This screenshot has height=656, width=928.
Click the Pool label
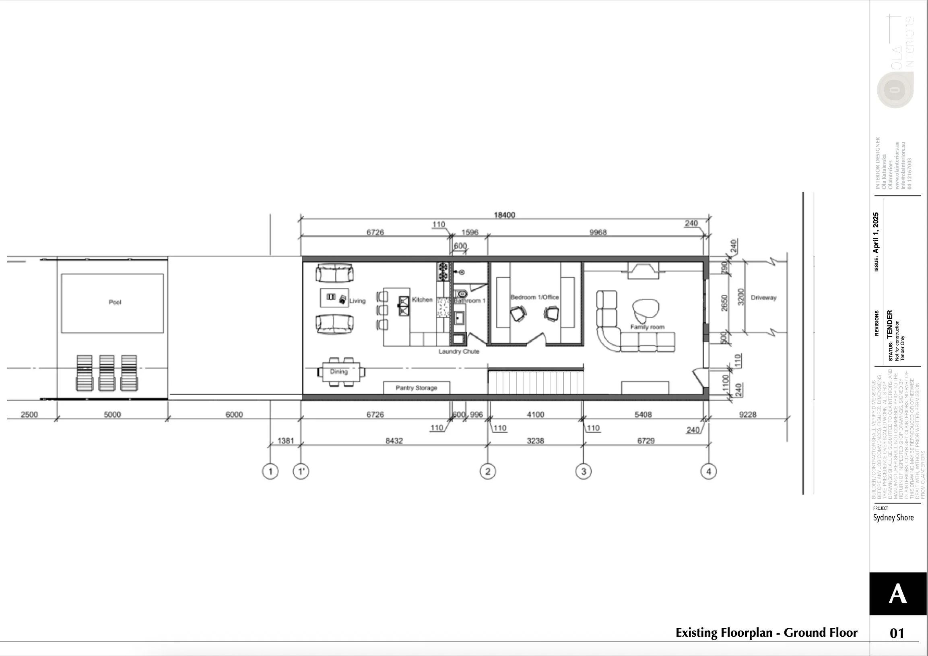(115, 302)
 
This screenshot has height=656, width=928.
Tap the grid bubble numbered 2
(487, 471)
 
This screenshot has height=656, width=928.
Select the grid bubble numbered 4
(708, 471)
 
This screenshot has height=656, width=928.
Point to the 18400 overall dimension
(504, 215)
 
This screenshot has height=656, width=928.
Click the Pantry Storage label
(416, 388)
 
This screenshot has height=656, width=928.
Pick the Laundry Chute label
(459, 351)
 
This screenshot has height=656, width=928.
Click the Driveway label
(763, 297)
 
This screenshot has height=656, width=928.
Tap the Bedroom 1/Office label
(534, 297)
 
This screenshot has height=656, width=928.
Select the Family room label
(647, 326)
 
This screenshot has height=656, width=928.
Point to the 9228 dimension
(747, 414)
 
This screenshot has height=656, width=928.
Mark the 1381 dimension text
(285, 441)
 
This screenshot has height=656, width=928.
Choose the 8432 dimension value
(394, 441)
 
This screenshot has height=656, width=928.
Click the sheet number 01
(897, 633)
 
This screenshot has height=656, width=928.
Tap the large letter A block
(898, 594)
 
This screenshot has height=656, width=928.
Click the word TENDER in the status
(890, 324)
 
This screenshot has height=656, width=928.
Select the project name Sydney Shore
(893, 518)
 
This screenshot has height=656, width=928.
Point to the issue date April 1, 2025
(876, 233)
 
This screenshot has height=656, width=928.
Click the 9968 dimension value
(598, 232)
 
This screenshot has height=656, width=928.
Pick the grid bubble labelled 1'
(301, 471)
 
